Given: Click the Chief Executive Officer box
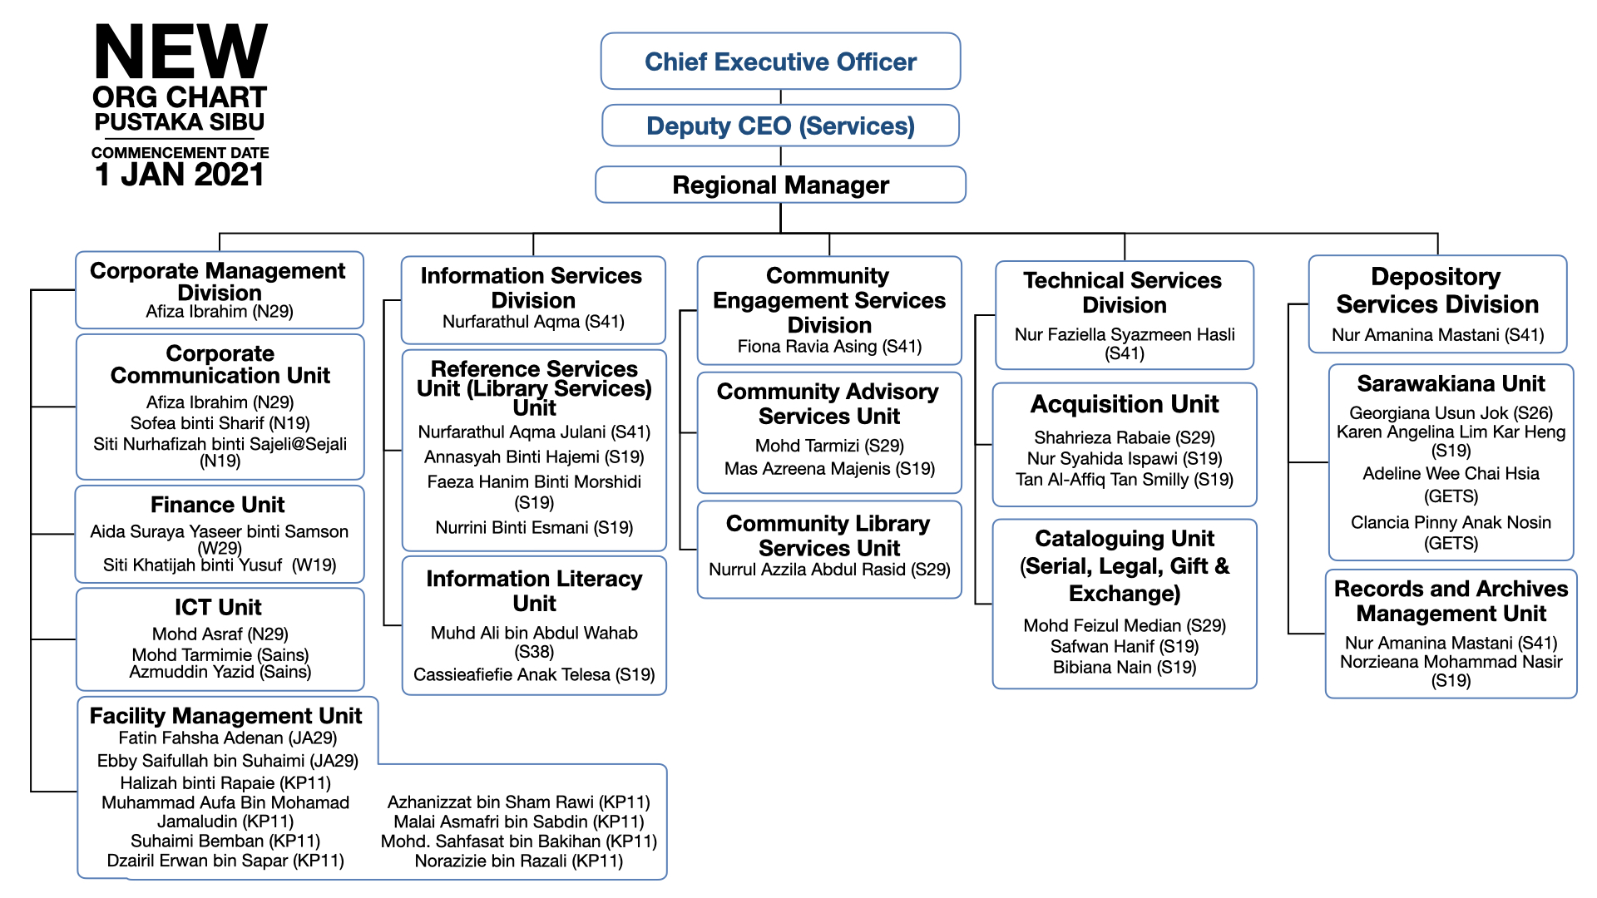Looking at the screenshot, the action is [x=780, y=61].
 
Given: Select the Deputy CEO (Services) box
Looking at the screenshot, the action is [x=780, y=126].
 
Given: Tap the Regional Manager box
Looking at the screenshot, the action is [x=780, y=185].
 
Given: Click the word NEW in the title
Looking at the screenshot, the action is [x=180, y=52].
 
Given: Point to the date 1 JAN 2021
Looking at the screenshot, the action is [x=180, y=175].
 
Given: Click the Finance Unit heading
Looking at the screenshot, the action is [x=218, y=505].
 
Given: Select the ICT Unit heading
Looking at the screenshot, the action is [x=218, y=607].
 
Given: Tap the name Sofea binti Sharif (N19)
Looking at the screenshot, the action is [x=220, y=423].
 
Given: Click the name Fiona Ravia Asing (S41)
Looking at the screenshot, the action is [x=829, y=347].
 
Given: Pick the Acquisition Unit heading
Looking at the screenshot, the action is [x=1125, y=404].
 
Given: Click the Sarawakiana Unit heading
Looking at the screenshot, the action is [x=1451, y=383].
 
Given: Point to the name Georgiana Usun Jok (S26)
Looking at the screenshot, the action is [x=1451, y=413].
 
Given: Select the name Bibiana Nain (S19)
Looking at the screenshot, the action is [x=1125, y=667].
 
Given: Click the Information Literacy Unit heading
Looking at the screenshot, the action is [x=534, y=590].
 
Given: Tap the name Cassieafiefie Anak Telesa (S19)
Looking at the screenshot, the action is [x=534, y=674].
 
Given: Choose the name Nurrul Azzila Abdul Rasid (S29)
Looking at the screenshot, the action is [x=829, y=570].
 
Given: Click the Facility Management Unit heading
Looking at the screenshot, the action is [x=225, y=716].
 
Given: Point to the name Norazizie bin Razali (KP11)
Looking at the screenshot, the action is [x=519, y=861].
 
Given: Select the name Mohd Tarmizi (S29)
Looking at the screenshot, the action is [x=829, y=446].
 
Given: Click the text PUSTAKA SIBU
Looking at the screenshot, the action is [x=180, y=122].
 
